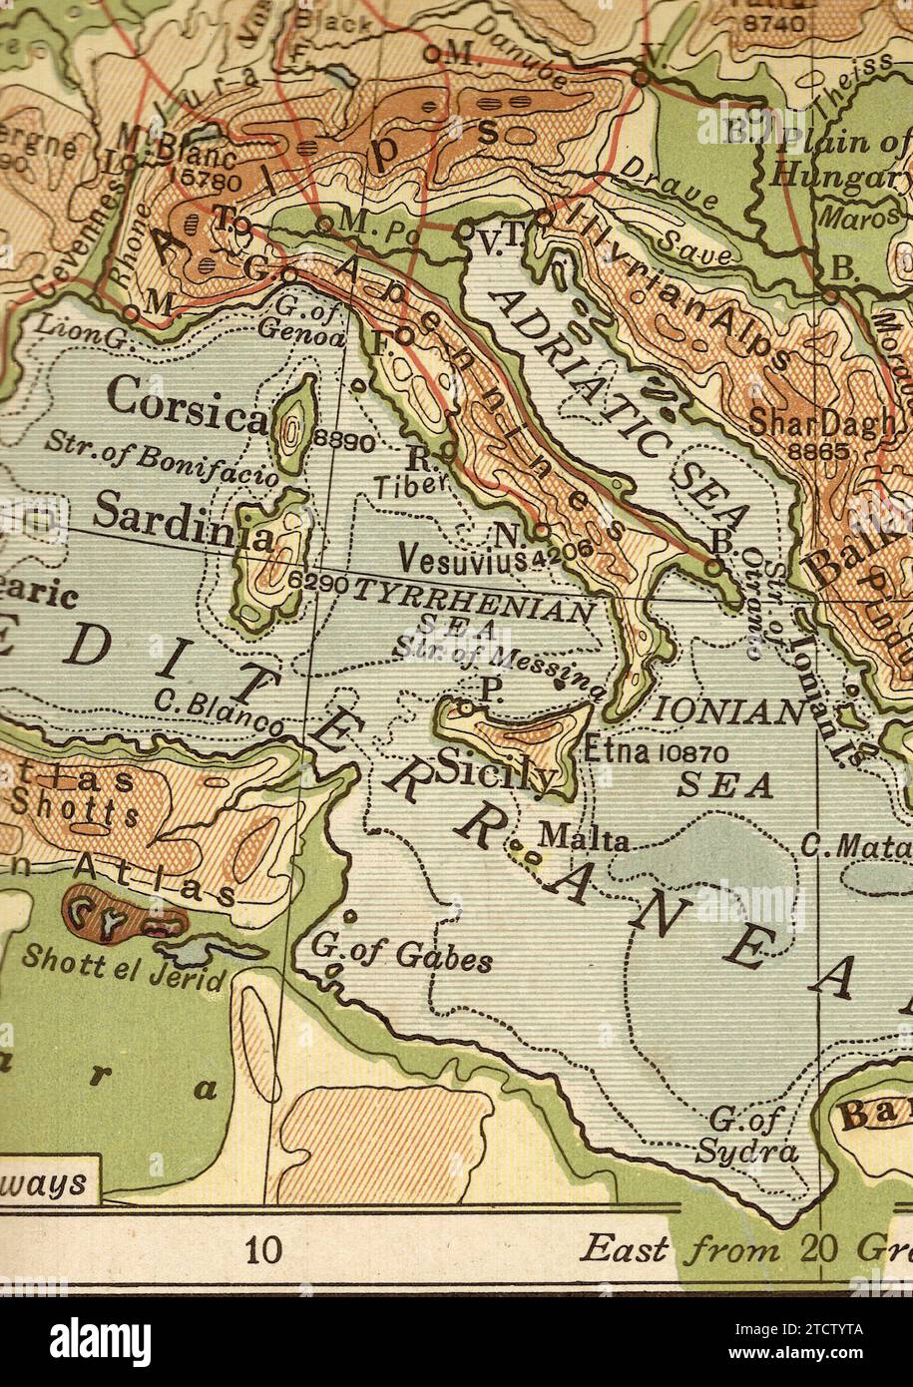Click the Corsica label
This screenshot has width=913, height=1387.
click(187, 405)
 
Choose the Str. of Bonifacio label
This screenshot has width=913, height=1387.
click(163, 457)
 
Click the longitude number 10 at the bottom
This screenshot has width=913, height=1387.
click(264, 1249)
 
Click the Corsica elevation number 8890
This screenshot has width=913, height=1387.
click(343, 441)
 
